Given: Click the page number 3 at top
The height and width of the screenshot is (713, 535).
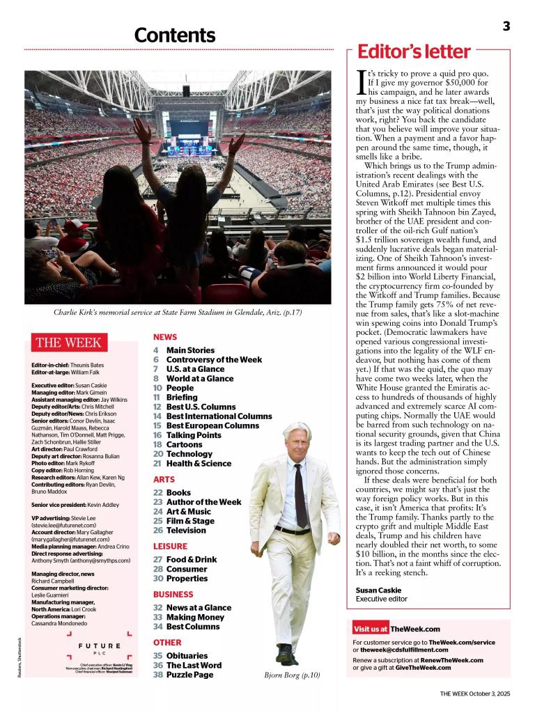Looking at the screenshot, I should [x=506, y=26].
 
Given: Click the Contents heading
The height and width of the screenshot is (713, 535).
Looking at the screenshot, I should [x=175, y=35].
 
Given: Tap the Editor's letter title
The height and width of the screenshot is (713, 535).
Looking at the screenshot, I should [x=414, y=52].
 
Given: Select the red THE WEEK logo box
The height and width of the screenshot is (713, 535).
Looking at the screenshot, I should [x=68, y=343].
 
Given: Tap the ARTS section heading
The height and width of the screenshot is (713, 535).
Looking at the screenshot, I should [x=164, y=480].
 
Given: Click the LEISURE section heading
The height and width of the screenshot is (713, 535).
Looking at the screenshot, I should [x=170, y=547].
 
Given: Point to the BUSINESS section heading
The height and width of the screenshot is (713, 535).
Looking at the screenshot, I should [x=173, y=595].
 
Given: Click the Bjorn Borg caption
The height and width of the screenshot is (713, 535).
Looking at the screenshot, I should [x=292, y=675].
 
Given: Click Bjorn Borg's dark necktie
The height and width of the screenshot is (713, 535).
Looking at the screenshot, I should [x=300, y=494].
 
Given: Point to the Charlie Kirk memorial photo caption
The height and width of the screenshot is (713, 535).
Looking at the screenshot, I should [x=178, y=313].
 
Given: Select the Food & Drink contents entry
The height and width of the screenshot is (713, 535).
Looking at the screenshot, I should [x=191, y=559].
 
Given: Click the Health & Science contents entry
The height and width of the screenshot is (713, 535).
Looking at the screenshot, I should [x=199, y=463].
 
